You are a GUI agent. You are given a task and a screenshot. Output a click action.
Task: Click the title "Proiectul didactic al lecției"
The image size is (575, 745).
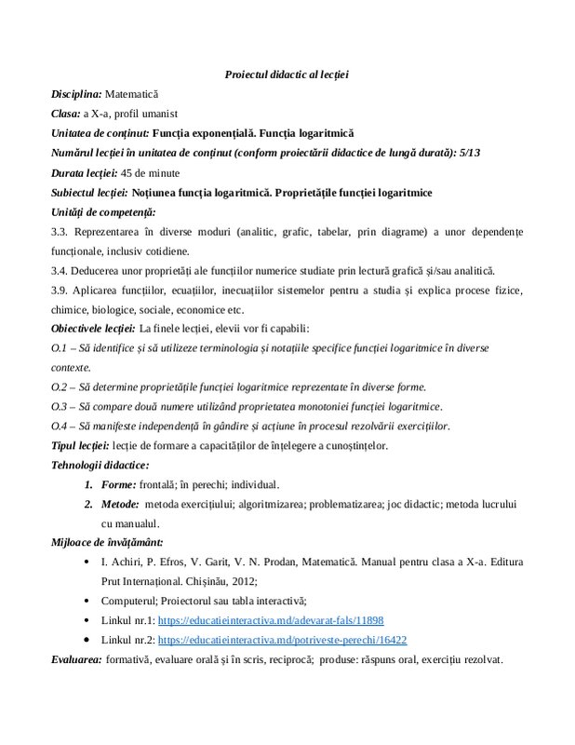point(287,74)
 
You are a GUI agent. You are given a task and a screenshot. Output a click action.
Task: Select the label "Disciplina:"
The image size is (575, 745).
point(76,94)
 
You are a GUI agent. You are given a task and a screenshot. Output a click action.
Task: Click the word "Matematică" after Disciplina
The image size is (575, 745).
point(132,94)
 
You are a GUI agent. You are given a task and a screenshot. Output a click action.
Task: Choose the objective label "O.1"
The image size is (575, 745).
point(60,348)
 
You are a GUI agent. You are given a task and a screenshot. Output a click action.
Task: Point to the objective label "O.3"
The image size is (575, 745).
point(60,407)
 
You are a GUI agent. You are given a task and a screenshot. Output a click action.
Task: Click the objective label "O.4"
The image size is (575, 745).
point(60,427)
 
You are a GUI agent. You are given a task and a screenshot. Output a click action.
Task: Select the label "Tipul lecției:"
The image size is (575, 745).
point(80,446)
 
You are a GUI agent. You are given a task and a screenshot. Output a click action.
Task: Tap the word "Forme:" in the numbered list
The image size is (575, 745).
point(118,485)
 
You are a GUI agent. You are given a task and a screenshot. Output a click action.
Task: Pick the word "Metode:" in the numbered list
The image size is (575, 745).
point(121,505)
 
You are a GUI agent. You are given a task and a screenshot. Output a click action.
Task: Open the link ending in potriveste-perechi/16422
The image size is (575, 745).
point(282,641)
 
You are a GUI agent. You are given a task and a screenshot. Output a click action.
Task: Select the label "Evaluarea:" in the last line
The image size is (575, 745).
point(77,659)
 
